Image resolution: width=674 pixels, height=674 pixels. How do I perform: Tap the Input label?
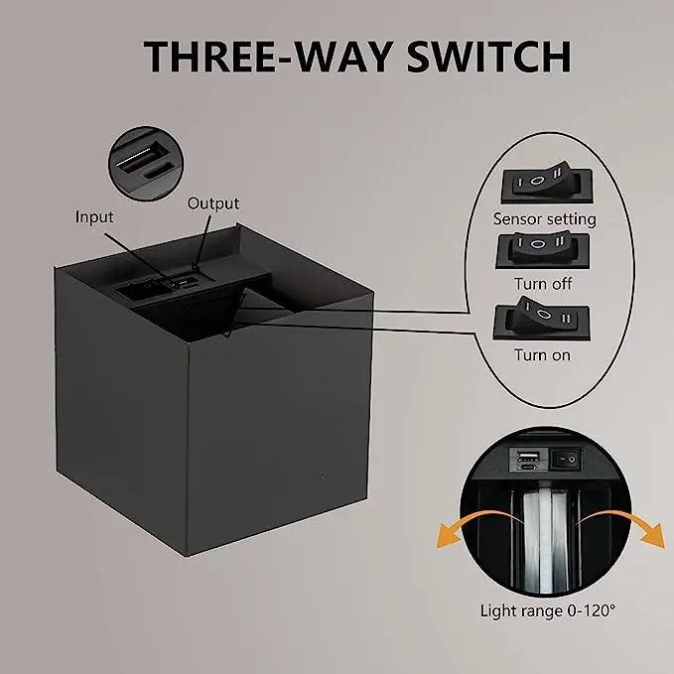(x=95, y=216)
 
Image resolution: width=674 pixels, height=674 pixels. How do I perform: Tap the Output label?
(x=213, y=203)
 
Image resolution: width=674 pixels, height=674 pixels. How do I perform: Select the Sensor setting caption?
(x=544, y=218)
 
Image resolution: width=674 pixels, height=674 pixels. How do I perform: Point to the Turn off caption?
(x=544, y=284)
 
